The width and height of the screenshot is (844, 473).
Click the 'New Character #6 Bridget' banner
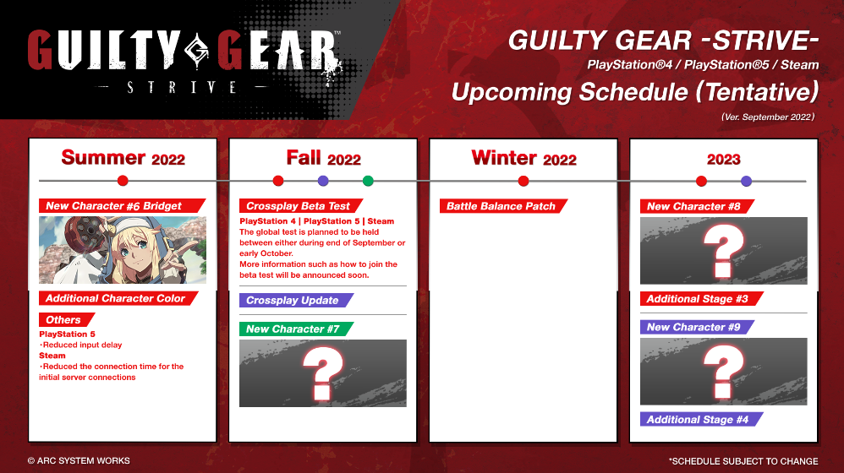point(122,206)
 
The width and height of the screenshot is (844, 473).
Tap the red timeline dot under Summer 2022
point(123,181)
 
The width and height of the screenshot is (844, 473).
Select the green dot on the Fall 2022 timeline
point(368,181)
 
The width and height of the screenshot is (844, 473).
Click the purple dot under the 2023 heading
point(746,181)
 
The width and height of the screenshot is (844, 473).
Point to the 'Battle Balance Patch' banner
point(504,206)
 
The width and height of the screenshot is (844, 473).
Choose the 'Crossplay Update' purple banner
point(296,300)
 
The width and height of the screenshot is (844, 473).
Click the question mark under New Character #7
point(322,373)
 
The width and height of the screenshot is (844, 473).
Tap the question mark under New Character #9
point(723,372)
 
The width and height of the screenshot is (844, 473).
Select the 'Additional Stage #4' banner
point(701,419)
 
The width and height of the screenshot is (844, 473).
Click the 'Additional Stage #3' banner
point(701,298)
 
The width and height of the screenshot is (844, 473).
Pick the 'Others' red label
point(67,320)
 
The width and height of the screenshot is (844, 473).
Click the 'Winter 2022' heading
point(523,158)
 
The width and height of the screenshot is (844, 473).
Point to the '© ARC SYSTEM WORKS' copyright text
point(79,460)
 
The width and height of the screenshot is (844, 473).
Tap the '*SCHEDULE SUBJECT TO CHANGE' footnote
point(743,461)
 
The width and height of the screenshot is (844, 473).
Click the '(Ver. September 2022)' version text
point(768,117)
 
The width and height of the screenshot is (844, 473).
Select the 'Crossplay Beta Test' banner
point(301,206)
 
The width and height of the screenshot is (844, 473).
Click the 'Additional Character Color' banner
point(118,298)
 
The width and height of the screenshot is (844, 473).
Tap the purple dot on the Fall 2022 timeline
point(323,181)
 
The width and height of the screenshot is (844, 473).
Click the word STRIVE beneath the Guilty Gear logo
point(181,87)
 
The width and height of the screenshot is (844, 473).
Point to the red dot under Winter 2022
point(523,181)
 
